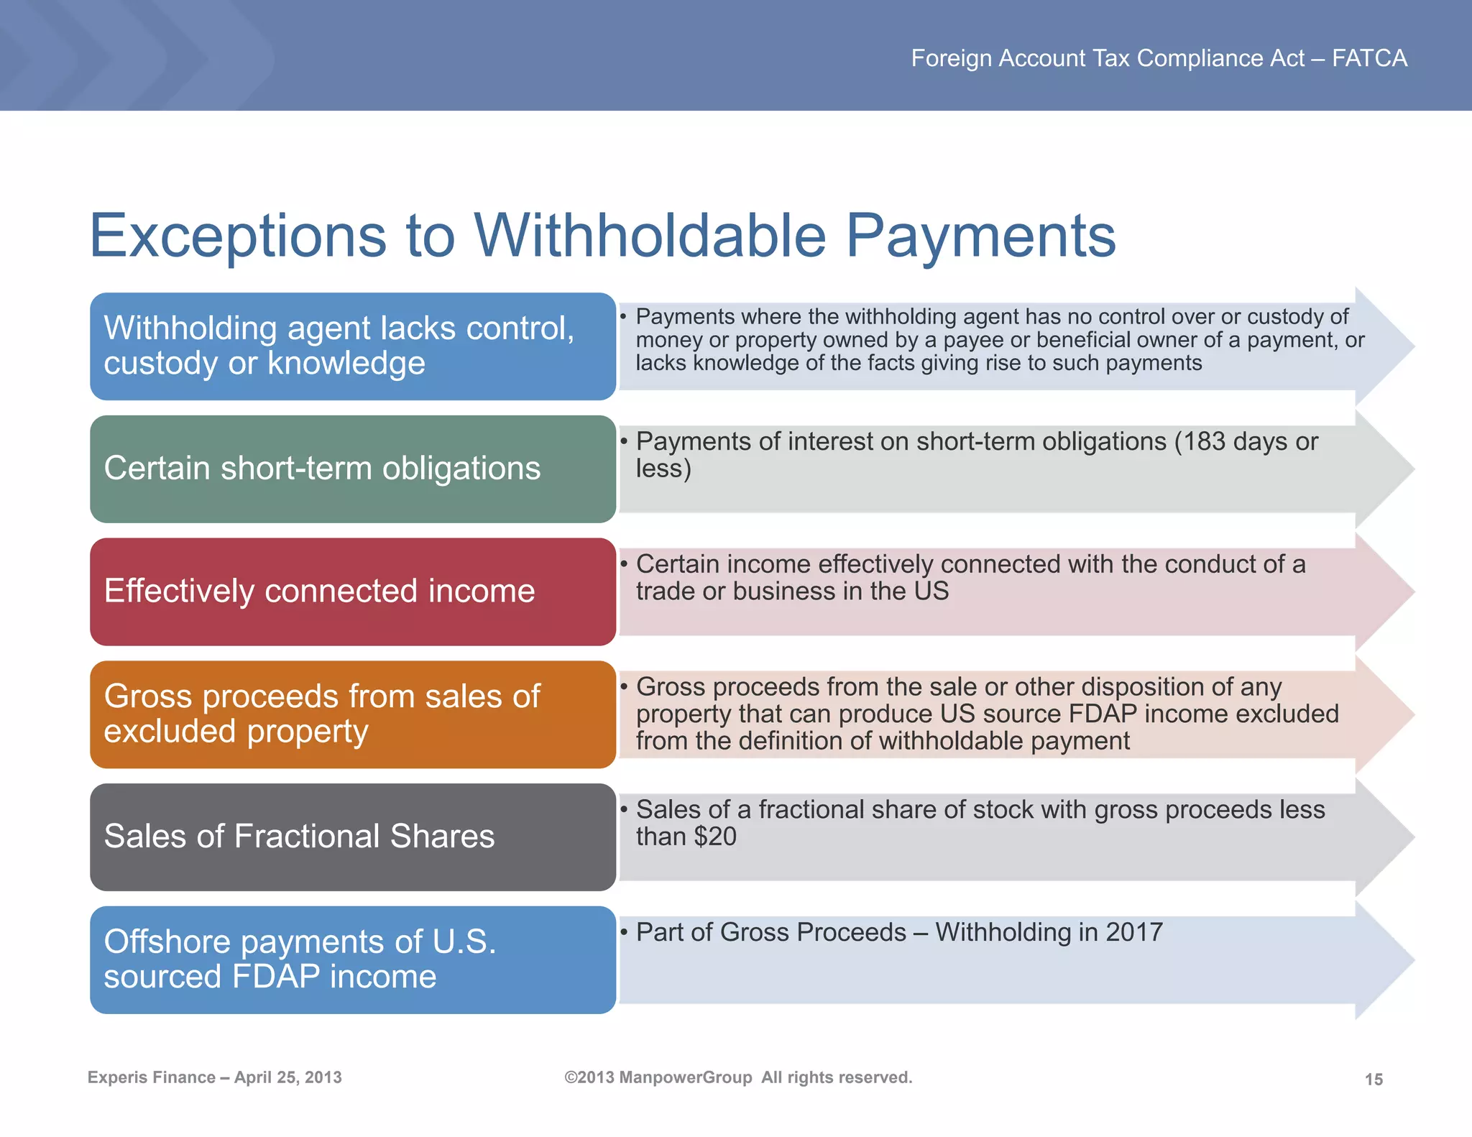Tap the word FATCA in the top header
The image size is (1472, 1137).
pos(1369,58)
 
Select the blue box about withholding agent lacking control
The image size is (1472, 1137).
pos(352,346)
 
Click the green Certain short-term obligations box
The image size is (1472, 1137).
pos(352,469)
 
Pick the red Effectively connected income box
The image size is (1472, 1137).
pos(352,591)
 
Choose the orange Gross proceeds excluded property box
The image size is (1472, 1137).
pos(352,714)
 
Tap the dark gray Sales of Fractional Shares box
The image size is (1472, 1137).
pos(352,837)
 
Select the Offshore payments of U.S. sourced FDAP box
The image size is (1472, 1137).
pos(352,959)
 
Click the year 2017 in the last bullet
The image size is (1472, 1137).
pos(1134,932)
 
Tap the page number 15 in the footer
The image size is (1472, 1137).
pos(1374,1080)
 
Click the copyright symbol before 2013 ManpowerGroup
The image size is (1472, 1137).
pos(571,1077)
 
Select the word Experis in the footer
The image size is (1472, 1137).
pos(115,1077)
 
